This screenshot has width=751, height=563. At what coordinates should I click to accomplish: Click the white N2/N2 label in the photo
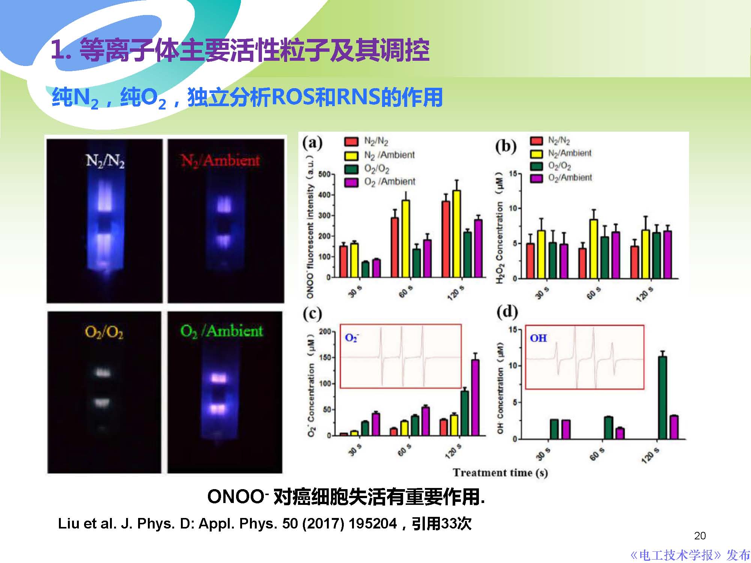click(x=105, y=161)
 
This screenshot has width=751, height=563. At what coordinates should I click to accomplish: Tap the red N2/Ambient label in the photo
click(x=220, y=161)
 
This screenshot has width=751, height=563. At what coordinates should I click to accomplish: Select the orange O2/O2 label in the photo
click(x=104, y=332)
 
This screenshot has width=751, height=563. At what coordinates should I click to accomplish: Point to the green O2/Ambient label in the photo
click(x=221, y=331)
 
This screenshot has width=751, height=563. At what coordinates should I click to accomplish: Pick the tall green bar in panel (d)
click(x=662, y=398)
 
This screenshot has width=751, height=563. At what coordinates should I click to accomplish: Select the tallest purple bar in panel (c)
click(x=475, y=398)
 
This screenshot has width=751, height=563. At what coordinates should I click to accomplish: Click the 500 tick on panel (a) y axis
click(x=324, y=174)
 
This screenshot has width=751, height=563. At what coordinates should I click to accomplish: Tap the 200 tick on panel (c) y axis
click(x=325, y=332)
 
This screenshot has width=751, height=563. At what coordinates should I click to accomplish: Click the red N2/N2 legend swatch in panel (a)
click(x=351, y=141)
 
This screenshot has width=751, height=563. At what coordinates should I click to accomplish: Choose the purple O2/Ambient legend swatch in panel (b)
click(x=536, y=178)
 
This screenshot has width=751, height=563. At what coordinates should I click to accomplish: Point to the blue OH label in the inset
click(x=538, y=338)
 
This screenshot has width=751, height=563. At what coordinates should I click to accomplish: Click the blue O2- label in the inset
click(x=351, y=338)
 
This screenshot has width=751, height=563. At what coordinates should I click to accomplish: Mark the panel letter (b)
click(x=506, y=146)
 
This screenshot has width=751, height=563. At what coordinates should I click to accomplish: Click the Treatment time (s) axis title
click(x=500, y=473)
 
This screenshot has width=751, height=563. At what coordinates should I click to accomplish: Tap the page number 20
click(x=700, y=536)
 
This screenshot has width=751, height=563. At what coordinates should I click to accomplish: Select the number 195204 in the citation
click(x=373, y=524)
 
